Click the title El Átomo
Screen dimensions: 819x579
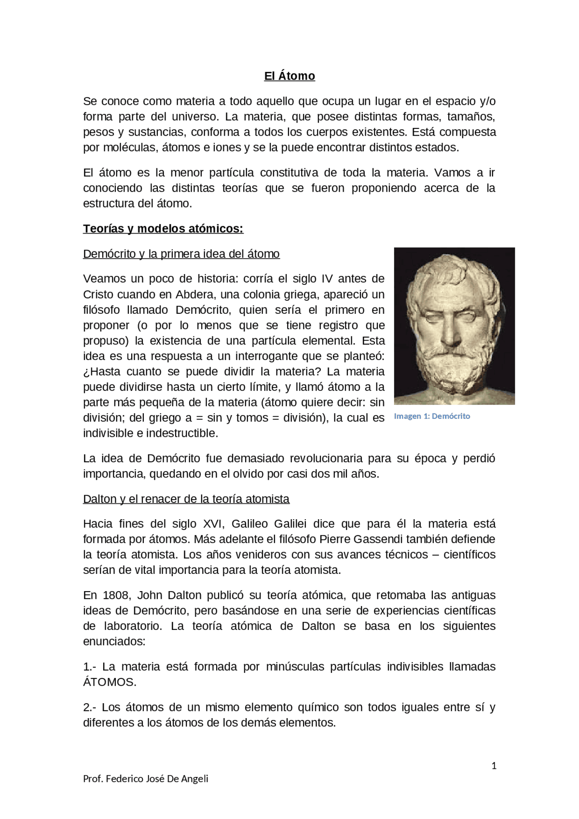pyautogui.click(x=289, y=76)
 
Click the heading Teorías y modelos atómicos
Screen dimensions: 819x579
pyautogui.click(x=163, y=229)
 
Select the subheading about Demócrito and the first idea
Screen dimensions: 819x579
pyautogui.click(x=181, y=254)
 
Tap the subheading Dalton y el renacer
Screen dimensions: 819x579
pyautogui.click(x=186, y=499)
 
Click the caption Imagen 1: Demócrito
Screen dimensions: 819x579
pyautogui.click(x=432, y=417)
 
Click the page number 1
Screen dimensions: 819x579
pyautogui.click(x=494, y=766)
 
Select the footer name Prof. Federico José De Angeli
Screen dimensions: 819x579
pyautogui.click(x=146, y=779)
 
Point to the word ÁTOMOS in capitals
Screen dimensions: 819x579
pyautogui.click(x=109, y=682)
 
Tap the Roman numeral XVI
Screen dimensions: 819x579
pyautogui.click(x=212, y=524)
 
